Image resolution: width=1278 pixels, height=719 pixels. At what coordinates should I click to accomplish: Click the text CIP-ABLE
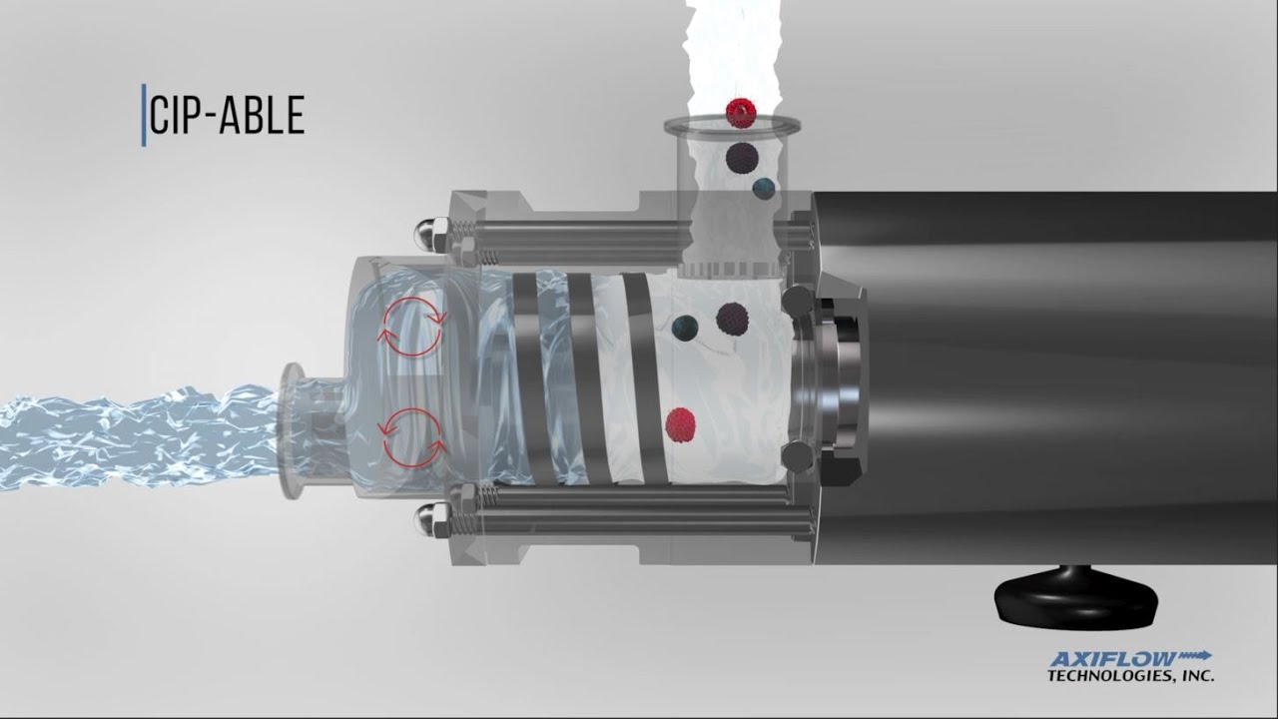click(227, 115)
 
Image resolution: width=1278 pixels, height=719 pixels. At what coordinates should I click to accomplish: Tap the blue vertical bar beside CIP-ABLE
click(144, 115)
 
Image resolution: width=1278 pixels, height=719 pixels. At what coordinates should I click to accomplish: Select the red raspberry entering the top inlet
click(741, 113)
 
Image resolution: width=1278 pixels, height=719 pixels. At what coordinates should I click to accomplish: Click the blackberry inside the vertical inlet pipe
click(741, 158)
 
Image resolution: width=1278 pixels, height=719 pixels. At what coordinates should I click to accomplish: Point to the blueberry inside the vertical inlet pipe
click(764, 189)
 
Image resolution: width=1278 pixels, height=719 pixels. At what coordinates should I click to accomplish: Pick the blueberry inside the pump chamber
click(685, 328)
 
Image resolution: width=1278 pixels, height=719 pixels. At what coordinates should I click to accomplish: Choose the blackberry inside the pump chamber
click(732, 319)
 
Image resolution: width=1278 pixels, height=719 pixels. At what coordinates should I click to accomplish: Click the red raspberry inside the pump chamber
click(681, 425)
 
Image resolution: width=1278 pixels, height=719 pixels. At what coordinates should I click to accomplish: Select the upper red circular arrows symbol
click(412, 327)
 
